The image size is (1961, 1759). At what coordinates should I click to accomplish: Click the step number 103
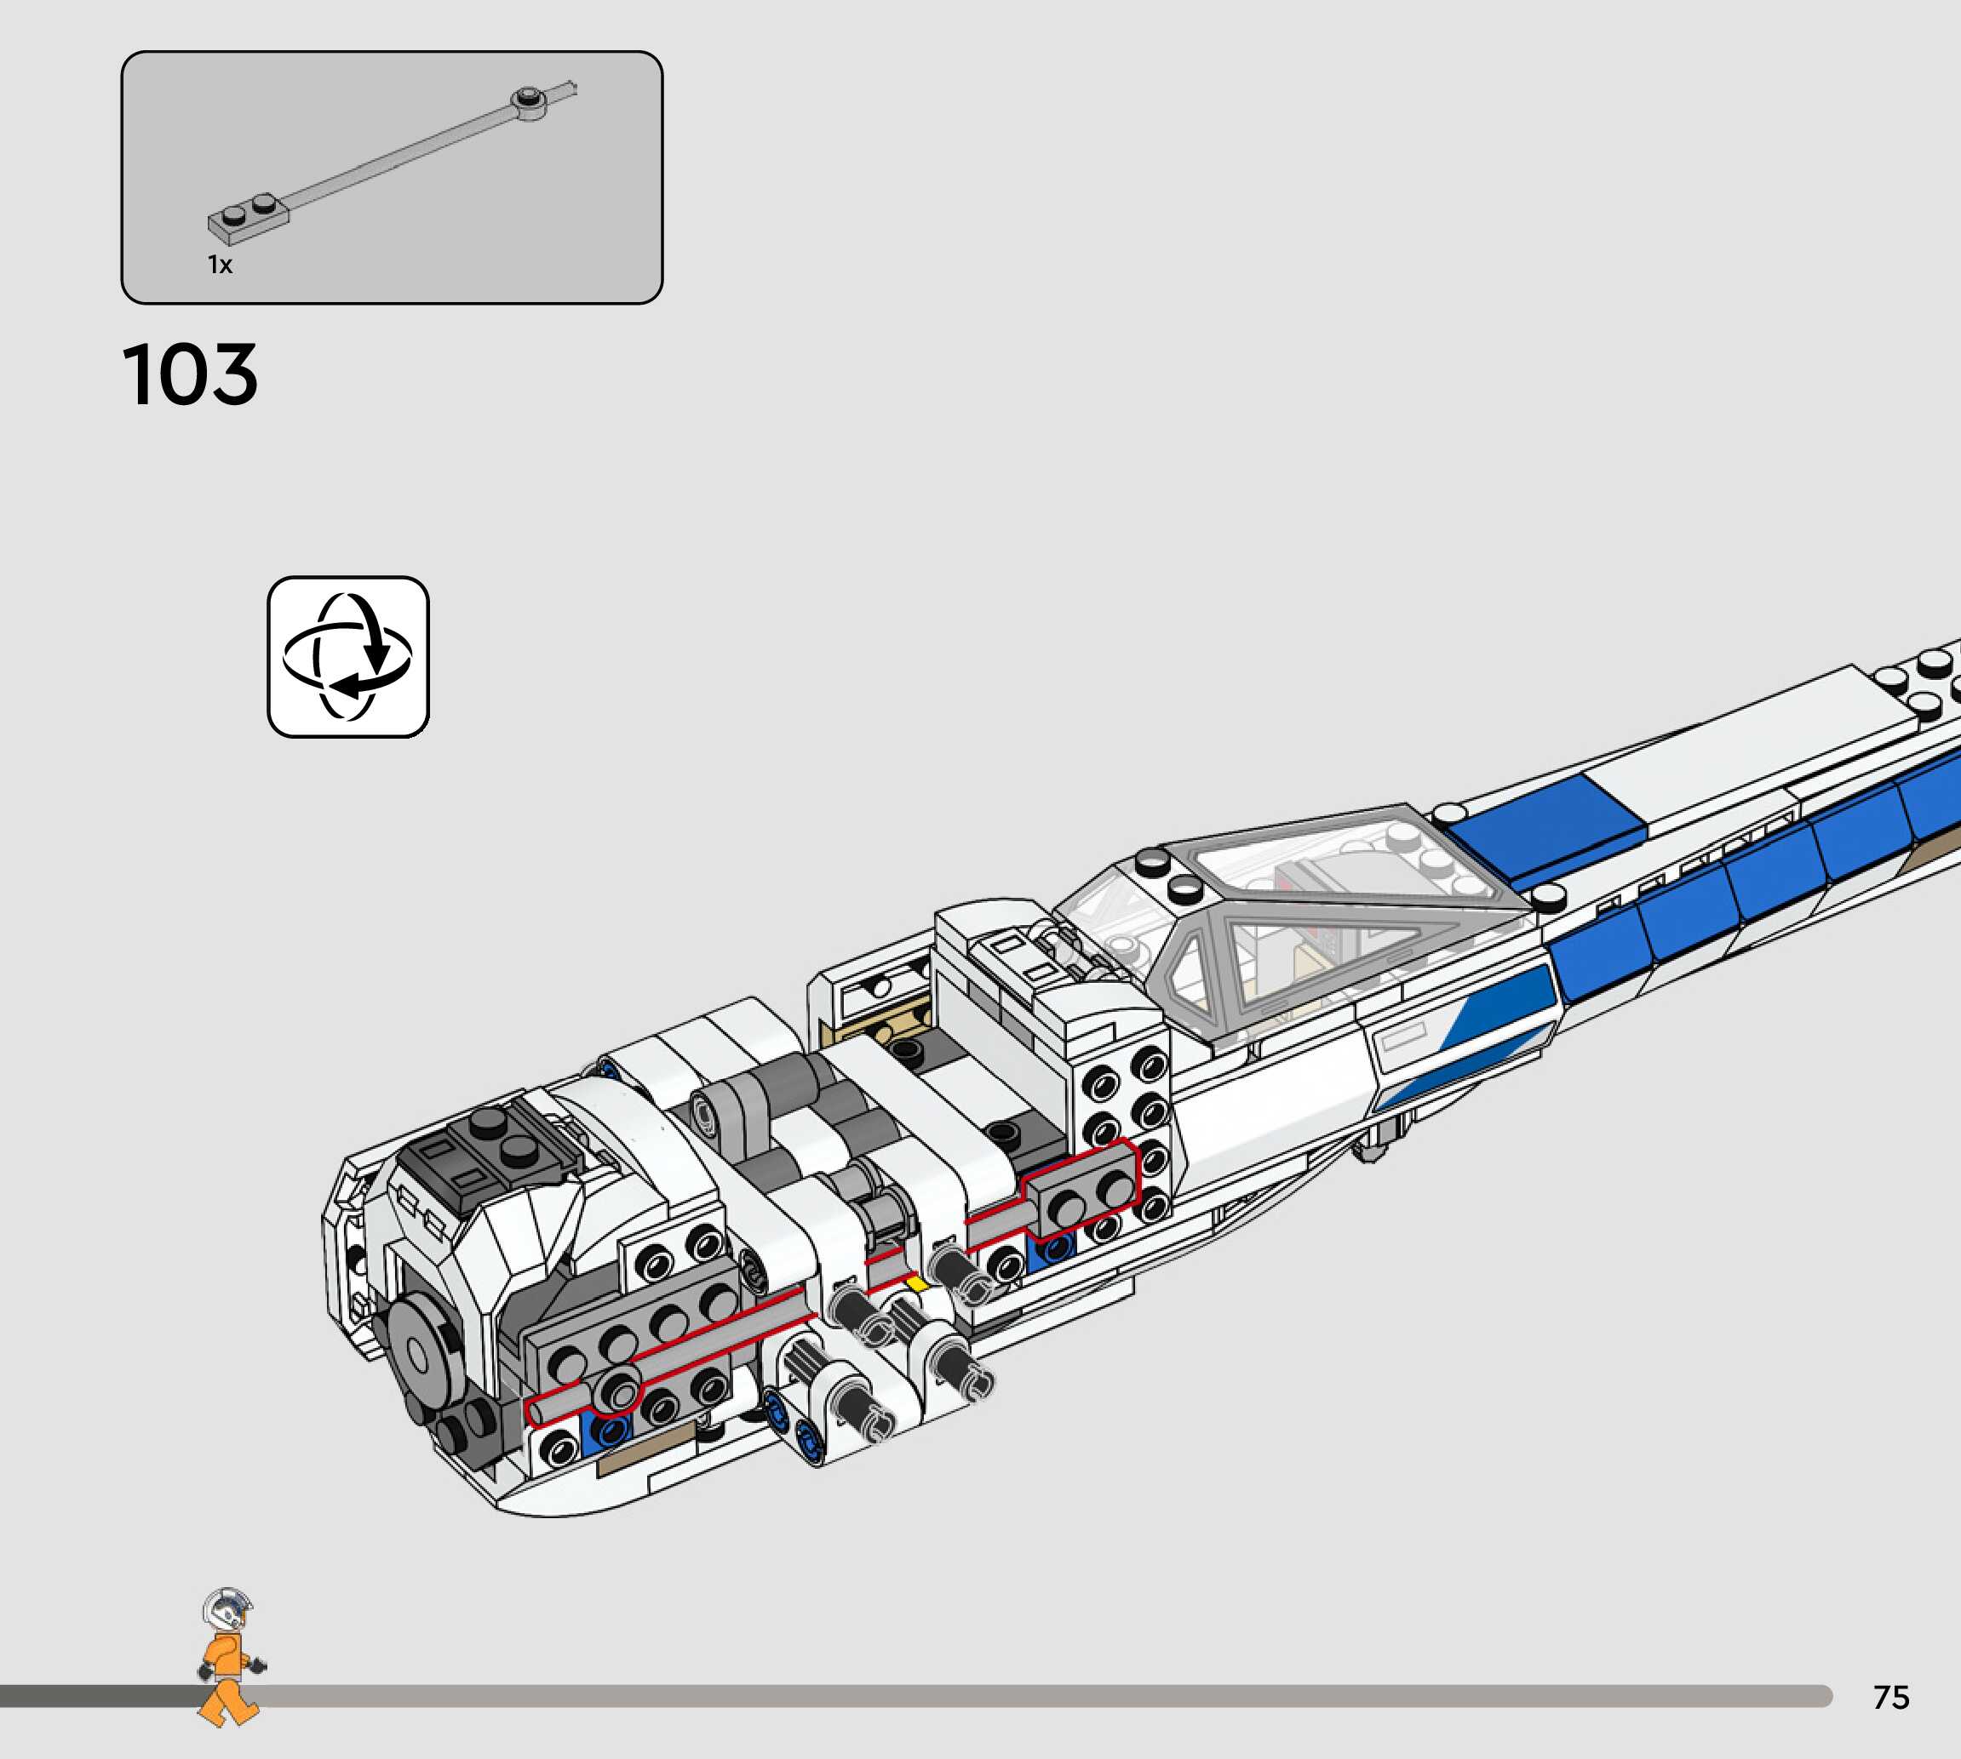[191, 374]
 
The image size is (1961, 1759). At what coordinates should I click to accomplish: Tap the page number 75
[1890, 1697]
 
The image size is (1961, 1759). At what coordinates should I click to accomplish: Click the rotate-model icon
[348, 657]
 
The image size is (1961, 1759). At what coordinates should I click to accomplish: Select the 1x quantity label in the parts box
[221, 265]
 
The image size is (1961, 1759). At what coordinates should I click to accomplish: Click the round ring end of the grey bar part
[529, 101]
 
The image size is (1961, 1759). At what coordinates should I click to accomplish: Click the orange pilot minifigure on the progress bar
[229, 1657]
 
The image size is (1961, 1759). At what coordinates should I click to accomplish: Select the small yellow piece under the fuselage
[915, 1283]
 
